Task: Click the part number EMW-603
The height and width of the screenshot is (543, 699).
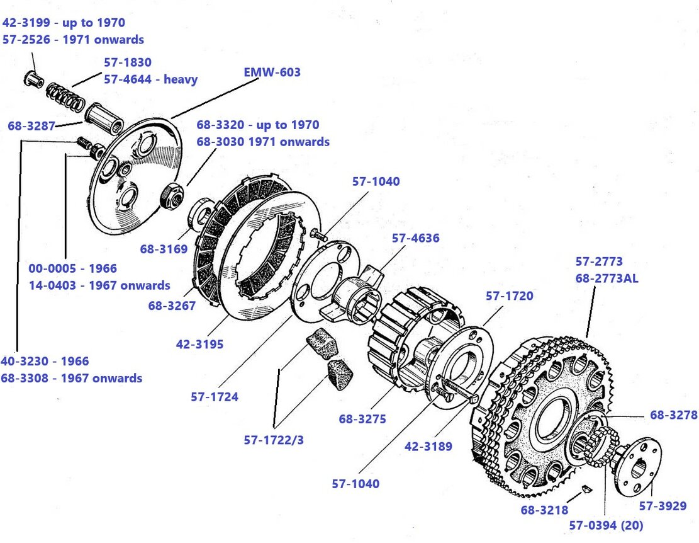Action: [x=272, y=72]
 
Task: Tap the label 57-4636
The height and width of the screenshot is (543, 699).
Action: [x=415, y=238]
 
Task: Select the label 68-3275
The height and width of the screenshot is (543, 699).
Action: [x=362, y=418]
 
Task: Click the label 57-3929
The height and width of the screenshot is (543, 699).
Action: [x=663, y=505]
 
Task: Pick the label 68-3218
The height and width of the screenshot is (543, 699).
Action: [x=544, y=510]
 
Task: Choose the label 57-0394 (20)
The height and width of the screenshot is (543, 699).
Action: [x=606, y=525]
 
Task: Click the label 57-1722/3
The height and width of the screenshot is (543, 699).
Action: [x=274, y=440]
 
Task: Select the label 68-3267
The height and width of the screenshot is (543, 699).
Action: [x=172, y=306]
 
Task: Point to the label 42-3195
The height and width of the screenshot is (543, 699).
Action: [x=200, y=345]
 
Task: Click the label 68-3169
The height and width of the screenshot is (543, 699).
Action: [x=164, y=249]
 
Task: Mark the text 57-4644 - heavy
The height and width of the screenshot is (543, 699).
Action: [x=150, y=79]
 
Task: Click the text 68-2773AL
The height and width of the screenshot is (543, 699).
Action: [x=607, y=278]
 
